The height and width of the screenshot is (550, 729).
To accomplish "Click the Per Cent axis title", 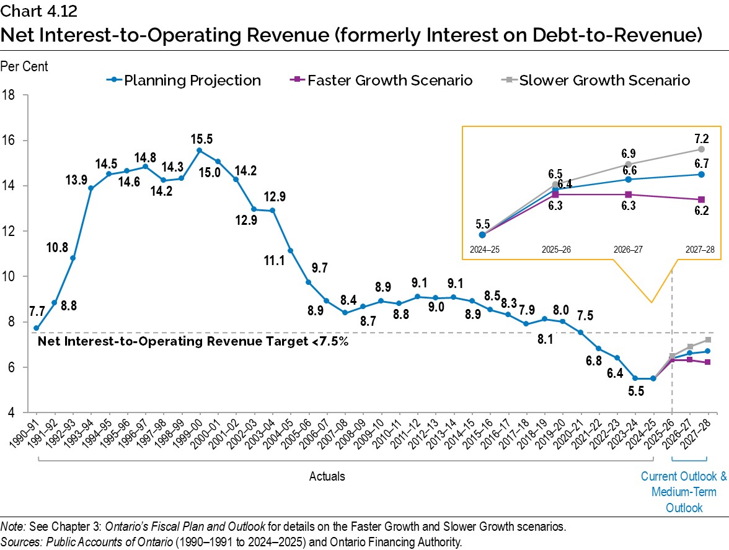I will point(24,66).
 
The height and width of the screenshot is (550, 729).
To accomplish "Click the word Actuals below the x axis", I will point(327,476).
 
